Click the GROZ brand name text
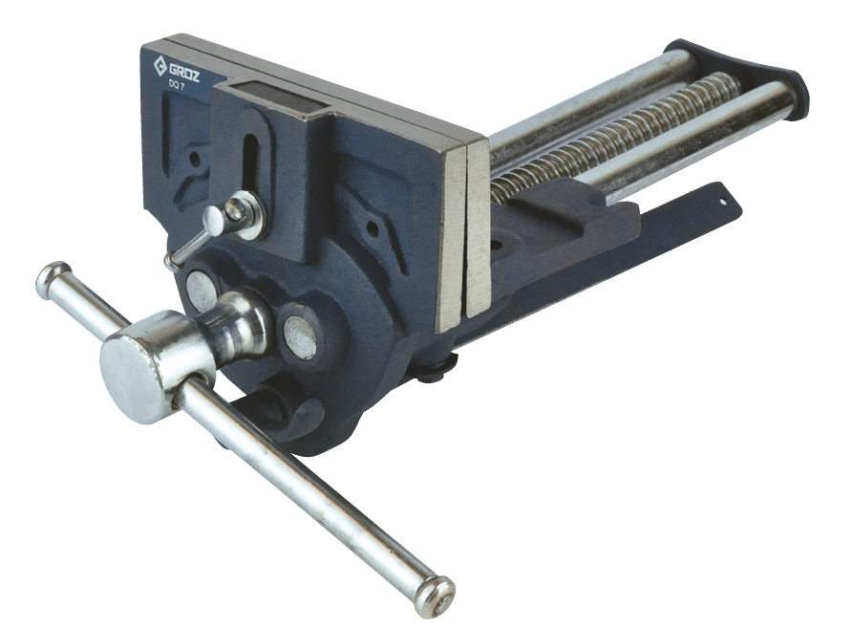pos(183,72)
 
